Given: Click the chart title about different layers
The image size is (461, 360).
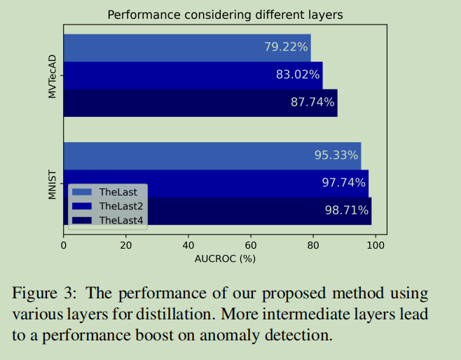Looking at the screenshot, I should click(225, 14).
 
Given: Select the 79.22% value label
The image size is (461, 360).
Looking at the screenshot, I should click(286, 47).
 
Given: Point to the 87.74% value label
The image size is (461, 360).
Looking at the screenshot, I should click(312, 102).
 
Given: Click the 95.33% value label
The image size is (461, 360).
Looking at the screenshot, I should click(336, 155).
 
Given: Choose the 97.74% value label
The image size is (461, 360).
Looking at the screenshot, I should click(344, 182).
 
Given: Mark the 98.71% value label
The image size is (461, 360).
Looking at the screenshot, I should click(346, 210).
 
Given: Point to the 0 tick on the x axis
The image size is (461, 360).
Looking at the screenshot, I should click(64, 245).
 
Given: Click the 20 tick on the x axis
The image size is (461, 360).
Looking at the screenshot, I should click(126, 245).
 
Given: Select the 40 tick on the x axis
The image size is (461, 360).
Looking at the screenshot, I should click(188, 245).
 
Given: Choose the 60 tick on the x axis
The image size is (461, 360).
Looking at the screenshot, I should click(251, 245).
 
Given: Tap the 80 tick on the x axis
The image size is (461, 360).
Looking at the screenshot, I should click(313, 245).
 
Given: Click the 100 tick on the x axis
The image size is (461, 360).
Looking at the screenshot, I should click(376, 245).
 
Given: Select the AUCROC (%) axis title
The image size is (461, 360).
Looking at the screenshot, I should click(225, 258).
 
